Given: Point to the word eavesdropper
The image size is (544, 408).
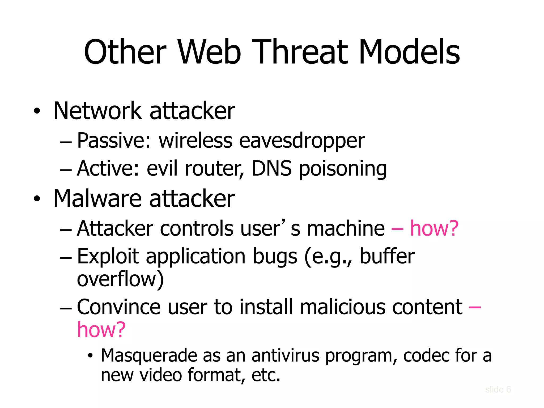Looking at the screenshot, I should pos(302,141).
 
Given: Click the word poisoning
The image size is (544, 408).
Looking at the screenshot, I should pos(343,169).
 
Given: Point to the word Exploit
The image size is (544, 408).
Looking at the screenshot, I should pos(108,256).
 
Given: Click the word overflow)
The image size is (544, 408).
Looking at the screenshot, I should pos(120,279).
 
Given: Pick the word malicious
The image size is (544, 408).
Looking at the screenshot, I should pos(342,307).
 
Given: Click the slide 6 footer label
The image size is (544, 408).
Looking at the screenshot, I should pos(498,389).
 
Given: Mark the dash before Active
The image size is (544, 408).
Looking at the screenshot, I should pos(66,169).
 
